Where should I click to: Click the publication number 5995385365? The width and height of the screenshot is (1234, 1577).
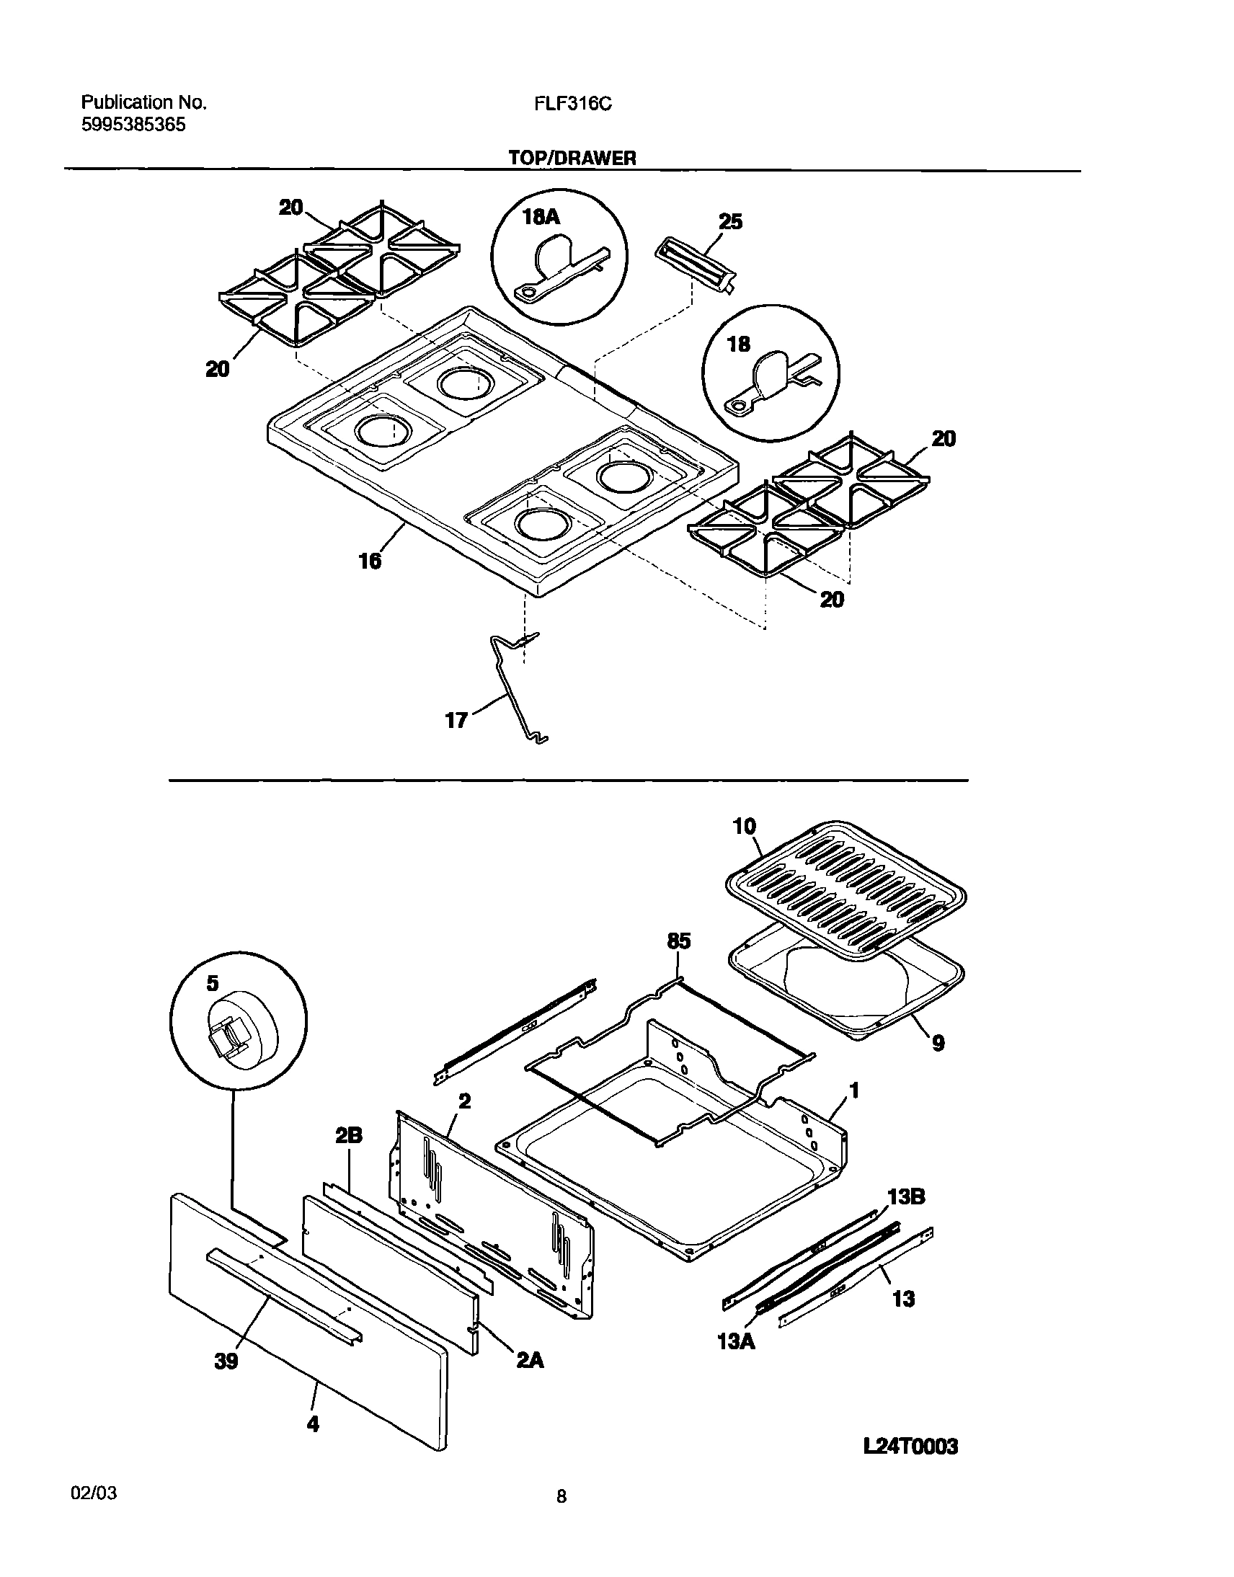[133, 125]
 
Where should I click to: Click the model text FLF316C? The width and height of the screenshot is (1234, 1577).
[573, 104]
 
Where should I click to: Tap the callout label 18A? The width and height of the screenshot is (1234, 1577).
[541, 218]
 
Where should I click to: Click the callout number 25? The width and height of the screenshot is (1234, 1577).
[730, 222]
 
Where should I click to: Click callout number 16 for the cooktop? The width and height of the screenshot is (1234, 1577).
[370, 560]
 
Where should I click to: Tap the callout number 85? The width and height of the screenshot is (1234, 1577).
[678, 941]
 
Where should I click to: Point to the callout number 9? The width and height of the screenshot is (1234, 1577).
[938, 1043]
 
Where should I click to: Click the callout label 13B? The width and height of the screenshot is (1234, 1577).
[906, 1197]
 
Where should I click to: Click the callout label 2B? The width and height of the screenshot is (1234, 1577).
[349, 1137]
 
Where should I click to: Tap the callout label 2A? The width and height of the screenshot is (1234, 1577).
[530, 1361]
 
